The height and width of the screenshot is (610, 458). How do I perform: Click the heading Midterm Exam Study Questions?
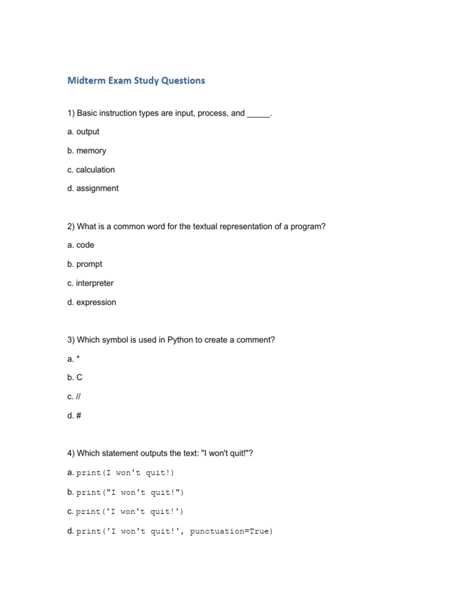[x=136, y=80]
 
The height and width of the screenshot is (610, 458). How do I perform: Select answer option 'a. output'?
[x=83, y=132]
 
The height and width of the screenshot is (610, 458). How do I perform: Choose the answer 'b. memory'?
[x=86, y=151]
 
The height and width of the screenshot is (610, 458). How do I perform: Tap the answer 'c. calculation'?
[x=91, y=170]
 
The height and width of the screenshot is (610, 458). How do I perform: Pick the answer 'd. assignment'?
[x=92, y=188]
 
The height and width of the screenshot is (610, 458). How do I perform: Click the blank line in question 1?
[x=258, y=113]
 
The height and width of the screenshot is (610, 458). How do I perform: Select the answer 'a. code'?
[x=81, y=245]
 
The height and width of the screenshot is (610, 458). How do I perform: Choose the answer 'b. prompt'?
[x=85, y=264]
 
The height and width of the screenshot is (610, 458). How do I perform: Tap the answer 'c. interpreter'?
[x=90, y=283]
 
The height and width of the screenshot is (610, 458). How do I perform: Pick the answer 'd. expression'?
[x=92, y=302]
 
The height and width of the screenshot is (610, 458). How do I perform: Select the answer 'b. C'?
[x=75, y=378]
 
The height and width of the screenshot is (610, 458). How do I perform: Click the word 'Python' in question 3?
[x=180, y=340]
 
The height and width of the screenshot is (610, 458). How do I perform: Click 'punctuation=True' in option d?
[x=231, y=531]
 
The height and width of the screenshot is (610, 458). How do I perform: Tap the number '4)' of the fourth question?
[x=71, y=454]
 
